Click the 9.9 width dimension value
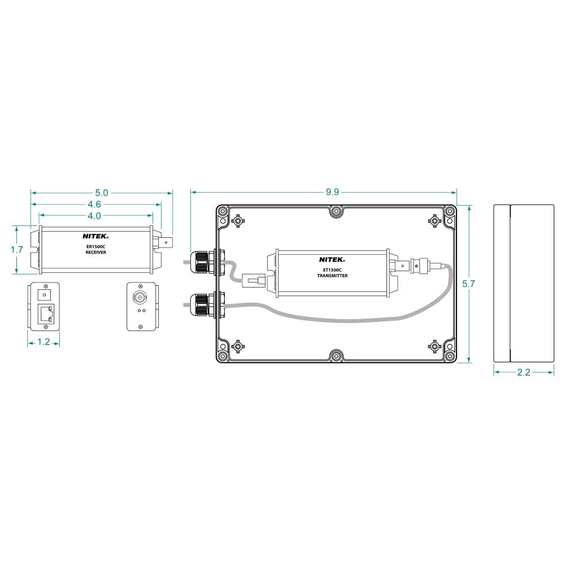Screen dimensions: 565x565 [x=332, y=192]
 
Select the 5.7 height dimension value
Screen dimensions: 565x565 [x=468, y=284]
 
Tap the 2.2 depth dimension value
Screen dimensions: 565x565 [x=523, y=372]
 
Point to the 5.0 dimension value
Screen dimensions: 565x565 [x=101, y=193]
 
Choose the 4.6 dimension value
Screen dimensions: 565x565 [x=94, y=205]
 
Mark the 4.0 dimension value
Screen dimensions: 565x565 [x=94, y=216]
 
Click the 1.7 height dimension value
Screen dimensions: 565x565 [x=16, y=249]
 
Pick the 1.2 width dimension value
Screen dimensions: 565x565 [x=44, y=342]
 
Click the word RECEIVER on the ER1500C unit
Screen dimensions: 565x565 [x=96, y=252]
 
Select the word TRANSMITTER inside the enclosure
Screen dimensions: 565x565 [x=332, y=276]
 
